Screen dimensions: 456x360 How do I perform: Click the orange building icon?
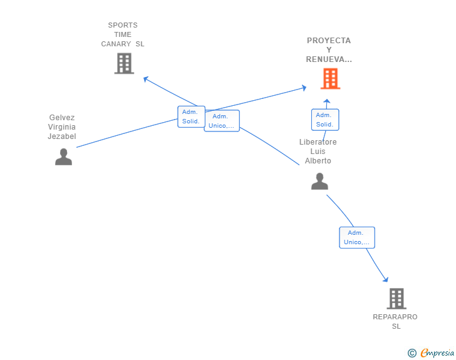click(x=330, y=78)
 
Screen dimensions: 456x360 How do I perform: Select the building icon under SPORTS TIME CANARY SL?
click(x=124, y=63)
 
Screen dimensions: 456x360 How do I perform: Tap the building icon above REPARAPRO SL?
click(x=396, y=299)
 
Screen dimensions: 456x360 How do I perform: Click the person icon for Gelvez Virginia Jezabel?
click(x=63, y=157)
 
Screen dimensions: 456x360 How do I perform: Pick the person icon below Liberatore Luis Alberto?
click(x=319, y=181)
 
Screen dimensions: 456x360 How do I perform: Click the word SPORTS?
click(x=123, y=25)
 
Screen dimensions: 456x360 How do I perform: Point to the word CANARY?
click(x=116, y=44)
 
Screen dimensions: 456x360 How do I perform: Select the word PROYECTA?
click(x=329, y=41)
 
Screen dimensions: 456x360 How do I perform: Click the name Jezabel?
click(x=62, y=136)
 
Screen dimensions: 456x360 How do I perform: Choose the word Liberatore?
click(x=318, y=142)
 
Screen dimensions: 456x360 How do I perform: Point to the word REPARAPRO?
click(x=395, y=317)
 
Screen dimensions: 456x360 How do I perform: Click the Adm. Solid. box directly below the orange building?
click(x=325, y=120)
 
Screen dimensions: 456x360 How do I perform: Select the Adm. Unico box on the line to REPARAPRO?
click(x=357, y=237)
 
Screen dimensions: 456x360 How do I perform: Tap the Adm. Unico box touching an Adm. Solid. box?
click(x=222, y=121)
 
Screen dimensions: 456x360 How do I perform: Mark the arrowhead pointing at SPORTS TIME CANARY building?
click(x=146, y=79)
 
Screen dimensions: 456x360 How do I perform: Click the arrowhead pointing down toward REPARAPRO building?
click(x=386, y=279)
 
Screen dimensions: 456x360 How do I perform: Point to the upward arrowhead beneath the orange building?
click(x=327, y=101)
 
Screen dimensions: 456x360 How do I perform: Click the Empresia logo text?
click(x=437, y=352)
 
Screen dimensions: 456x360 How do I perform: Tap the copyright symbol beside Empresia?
click(x=412, y=353)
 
